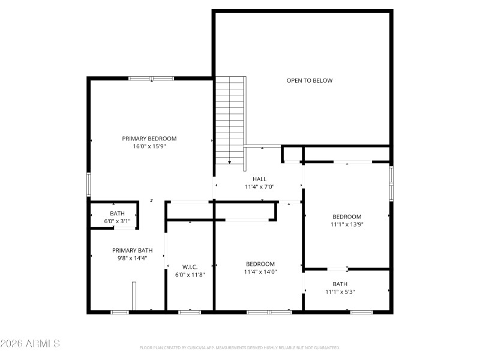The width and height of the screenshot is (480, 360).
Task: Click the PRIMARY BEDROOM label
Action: point(149,138)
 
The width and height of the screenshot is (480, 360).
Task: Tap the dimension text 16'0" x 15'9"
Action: point(149,146)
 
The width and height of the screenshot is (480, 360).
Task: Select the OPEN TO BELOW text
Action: point(309,80)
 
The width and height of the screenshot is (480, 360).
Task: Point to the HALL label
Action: point(259,179)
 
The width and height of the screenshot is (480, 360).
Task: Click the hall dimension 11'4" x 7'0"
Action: point(259,187)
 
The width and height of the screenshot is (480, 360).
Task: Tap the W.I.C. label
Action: point(190,266)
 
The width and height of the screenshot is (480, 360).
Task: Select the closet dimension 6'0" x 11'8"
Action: point(190,274)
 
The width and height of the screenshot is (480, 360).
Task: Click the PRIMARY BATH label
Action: point(132,250)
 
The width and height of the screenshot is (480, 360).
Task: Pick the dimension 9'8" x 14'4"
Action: point(132,258)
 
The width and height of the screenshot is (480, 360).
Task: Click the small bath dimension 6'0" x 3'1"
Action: point(117,221)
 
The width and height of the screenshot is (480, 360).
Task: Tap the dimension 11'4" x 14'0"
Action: point(260,271)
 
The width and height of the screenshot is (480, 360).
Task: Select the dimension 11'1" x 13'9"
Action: point(347,224)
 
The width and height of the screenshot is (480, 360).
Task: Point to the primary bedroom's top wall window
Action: point(151,78)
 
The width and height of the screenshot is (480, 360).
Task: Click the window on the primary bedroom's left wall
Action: point(89,185)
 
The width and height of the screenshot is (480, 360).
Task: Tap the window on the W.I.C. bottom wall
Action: point(190,312)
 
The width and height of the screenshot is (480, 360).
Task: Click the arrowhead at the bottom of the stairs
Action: point(229,161)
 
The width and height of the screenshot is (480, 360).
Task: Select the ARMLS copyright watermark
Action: point(30,344)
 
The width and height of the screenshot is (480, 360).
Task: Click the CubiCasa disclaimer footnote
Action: point(240,347)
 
